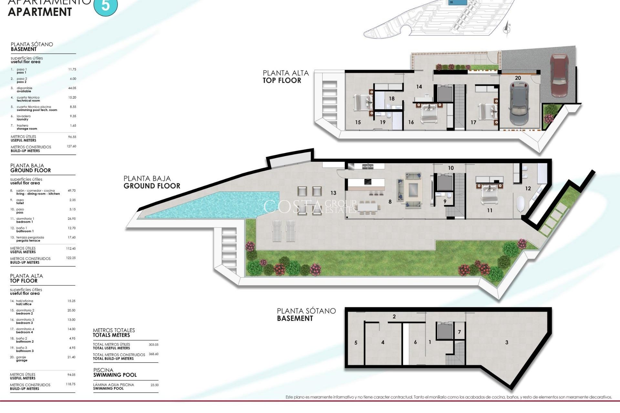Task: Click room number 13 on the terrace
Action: pos(333,193)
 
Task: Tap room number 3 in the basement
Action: pos(507,342)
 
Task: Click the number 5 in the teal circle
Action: pos(106,5)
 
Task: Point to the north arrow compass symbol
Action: pos(507,29)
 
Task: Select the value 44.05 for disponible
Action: pos(72,88)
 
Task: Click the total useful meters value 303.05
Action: pos(153,345)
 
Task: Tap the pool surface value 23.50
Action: pos(154,385)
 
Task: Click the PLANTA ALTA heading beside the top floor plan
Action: pos(285,73)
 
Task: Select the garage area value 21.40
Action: pos(71,357)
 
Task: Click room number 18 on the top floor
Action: pos(392,99)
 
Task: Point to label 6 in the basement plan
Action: pos(415,342)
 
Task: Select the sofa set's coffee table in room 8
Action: pos(413,190)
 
